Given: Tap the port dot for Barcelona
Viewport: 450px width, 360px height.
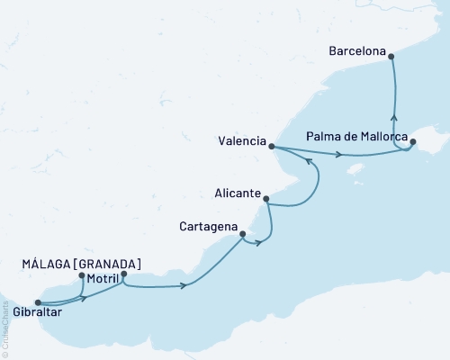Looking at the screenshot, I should point(392,55).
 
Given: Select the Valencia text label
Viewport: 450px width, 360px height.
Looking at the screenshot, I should point(241,141).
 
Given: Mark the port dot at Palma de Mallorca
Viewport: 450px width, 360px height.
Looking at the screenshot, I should point(413,142).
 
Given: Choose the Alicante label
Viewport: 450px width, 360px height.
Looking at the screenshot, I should point(238,193).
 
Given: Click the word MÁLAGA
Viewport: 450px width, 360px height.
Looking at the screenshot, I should point(47,264).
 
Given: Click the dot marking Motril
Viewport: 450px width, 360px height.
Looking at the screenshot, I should point(123,274).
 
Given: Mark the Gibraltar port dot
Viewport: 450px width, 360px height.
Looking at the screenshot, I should point(37,303).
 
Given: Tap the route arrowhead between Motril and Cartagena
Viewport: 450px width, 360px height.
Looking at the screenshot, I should point(184,286).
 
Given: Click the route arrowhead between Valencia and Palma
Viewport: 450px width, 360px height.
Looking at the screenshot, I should point(338,156).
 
